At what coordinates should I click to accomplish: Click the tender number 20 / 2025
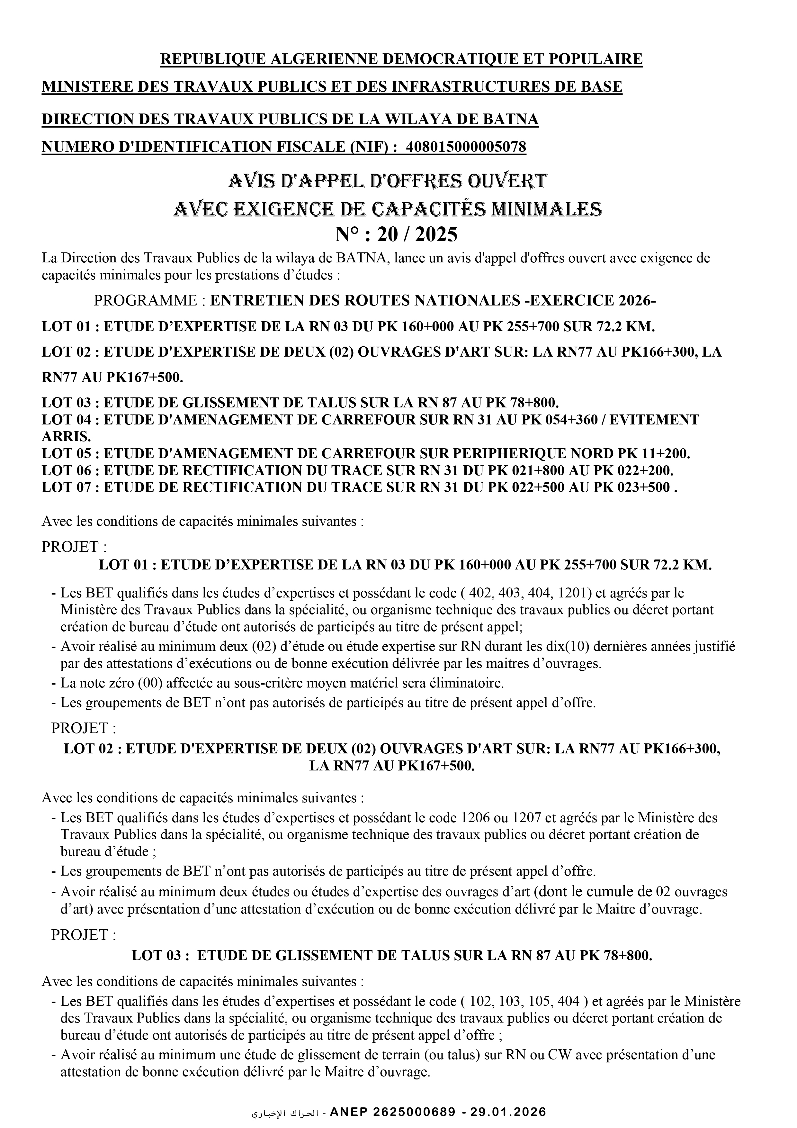click(417, 234)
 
